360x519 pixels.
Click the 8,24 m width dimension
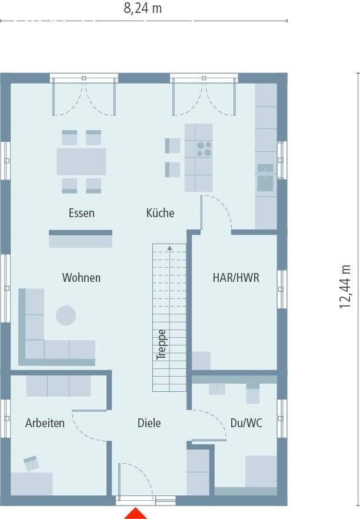tap(142, 8)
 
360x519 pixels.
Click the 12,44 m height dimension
tap(345, 287)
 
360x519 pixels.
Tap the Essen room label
tap(81, 213)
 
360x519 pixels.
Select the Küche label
tap(160, 212)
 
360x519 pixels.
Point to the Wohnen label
tap(81, 277)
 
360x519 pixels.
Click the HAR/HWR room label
tap(236, 277)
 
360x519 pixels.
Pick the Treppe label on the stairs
tap(161, 345)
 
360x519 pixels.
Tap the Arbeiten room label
tap(45, 423)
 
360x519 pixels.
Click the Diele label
tap(149, 423)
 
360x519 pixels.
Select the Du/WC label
tap(246, 423)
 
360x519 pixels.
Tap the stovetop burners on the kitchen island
tap(204, 149)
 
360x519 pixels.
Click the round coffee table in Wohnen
tap(66, 315)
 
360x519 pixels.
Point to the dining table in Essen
tap(81, 161)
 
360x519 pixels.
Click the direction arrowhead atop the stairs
tap(169, 248)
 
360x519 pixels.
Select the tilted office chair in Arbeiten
tap(31, 463)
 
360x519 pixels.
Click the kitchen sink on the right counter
tap(265, 184)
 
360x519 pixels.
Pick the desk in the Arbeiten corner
tap(31, 484)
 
